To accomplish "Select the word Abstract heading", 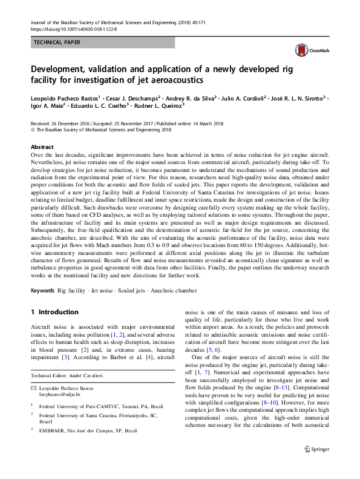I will pyautogui.click(x=42, y=147).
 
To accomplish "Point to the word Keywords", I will pyautogui.click(x=42, y=291).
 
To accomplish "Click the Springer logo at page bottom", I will pyautogui.click(x=317, y=466).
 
